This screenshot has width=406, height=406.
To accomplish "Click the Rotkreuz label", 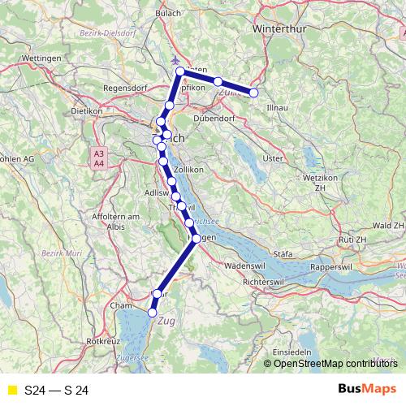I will coord(104,341).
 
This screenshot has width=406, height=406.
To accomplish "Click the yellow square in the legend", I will coord(11,391).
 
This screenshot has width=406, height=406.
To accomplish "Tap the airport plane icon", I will coord(178,60).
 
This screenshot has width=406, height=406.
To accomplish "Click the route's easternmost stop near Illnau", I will coord(253,93).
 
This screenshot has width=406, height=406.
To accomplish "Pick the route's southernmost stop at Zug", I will coord(152,312).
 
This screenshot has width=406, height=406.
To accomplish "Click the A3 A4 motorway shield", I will coord(98,158).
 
